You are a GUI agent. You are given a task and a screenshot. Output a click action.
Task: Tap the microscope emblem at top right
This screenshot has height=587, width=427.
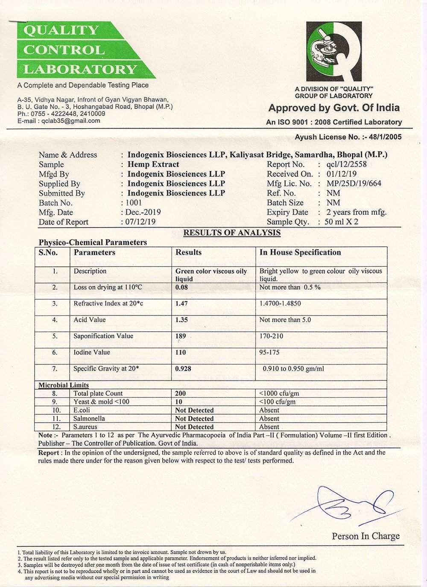point(334,50)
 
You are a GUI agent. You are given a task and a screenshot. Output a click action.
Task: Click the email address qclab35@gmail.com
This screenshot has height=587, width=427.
point(70,121)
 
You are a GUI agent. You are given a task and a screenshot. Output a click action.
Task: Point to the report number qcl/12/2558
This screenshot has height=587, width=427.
point(346,164)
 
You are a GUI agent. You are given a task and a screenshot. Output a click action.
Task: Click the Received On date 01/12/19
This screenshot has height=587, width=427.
point(342,174)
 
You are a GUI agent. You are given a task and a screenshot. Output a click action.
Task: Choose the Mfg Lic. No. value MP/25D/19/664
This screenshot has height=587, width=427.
point(354,184)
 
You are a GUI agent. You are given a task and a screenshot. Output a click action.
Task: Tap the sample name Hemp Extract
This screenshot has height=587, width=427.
point(153,164)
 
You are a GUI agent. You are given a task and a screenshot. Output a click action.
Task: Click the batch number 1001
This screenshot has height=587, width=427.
point(134,203)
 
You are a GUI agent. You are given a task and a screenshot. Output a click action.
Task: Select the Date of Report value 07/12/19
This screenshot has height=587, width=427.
point(140,222)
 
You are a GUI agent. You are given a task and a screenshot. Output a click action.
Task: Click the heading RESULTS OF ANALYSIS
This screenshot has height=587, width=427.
point(232,233)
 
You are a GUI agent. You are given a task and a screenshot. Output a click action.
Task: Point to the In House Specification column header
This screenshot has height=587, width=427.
point(300,252)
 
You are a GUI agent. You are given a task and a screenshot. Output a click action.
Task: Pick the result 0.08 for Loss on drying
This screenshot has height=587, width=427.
point(182,287)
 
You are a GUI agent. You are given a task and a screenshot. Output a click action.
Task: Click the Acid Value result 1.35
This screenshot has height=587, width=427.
point(182,320)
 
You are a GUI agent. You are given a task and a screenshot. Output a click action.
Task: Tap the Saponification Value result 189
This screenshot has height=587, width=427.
point(181,336)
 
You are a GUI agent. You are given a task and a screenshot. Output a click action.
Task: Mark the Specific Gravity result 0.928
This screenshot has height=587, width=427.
point(183,368)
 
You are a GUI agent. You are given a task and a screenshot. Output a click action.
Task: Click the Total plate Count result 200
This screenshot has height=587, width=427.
point(181,394)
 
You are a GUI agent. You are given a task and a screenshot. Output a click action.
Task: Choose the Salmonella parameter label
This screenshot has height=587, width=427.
point(89,418)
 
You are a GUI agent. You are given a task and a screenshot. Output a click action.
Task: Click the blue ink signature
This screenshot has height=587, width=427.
point(342,504)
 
